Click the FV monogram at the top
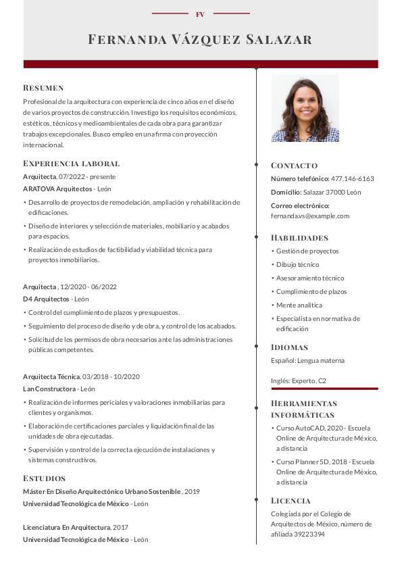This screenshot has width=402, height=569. (200, 14)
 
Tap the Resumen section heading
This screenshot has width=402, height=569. (43, 88)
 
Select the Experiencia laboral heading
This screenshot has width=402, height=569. (71, 164)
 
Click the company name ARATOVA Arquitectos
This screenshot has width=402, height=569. (57, 189)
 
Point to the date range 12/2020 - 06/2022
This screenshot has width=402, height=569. (89, 287)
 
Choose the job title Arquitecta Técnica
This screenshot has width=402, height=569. (51, 376)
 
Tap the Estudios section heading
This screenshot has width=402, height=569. (44, 478)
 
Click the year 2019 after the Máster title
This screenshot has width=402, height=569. (192, 491)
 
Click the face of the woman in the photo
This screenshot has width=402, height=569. (305, 105)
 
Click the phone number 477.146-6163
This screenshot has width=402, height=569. (352, 179)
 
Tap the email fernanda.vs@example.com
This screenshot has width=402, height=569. (310, 216)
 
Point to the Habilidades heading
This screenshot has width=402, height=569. (299, 238)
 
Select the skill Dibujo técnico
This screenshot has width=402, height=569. (297, 265)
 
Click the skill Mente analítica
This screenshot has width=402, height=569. (299, 305)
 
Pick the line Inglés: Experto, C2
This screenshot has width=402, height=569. (299, 381)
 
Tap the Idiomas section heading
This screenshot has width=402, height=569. (290, 347)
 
